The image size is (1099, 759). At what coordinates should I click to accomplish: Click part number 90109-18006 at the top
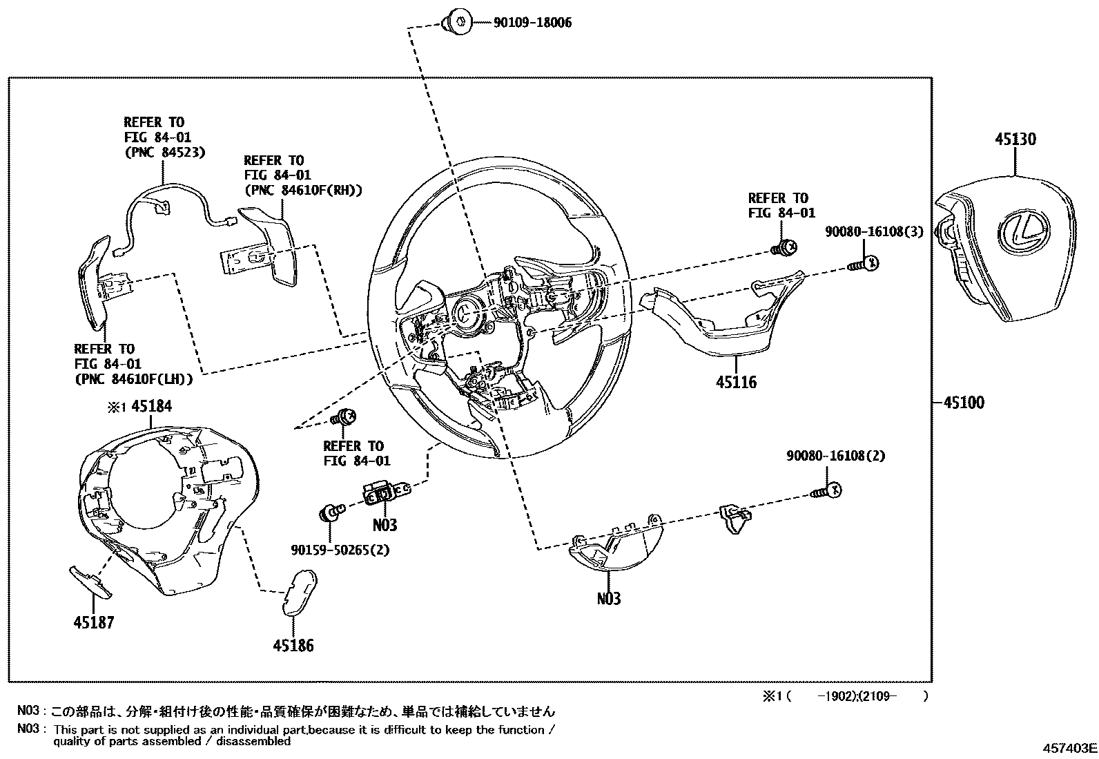click(532, 23)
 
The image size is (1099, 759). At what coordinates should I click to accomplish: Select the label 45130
click(1015, 140)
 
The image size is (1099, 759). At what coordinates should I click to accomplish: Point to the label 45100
click(960, 403)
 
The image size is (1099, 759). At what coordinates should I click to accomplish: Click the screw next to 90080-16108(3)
click(864, 262)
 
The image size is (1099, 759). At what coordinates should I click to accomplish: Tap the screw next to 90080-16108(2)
click(827, 491)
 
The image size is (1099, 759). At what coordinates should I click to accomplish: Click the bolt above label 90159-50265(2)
click(330, 513)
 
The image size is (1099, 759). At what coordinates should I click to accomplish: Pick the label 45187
click(93, 623)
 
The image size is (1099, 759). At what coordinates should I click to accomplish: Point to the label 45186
click(293, 646)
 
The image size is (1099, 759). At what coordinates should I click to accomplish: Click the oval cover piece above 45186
click(299, 590)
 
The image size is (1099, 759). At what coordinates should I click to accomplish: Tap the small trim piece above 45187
click(90, 580)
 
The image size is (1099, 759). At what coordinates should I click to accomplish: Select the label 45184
click(151, 406)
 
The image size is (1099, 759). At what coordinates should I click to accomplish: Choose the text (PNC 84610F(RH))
click(303, 191)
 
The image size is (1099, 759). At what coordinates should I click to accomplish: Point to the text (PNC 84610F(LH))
click(133, 379)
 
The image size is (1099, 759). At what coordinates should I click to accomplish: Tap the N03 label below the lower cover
click(609, 598)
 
